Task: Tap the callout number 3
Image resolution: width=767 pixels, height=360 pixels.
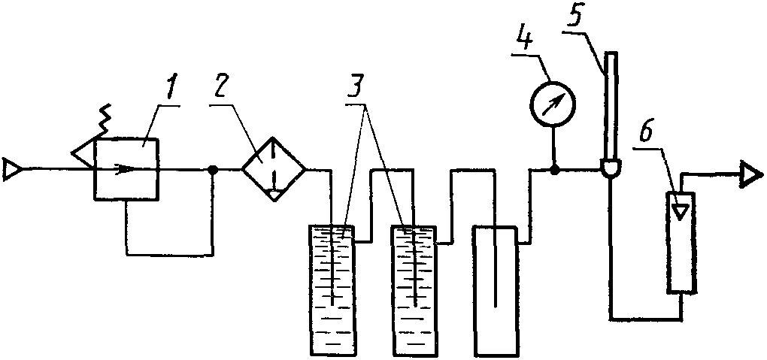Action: [x=360, y=88]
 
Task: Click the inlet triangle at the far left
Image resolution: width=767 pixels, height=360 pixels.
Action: [x=11, y=169]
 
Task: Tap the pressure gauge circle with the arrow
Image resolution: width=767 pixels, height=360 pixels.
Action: [x=553, y=104]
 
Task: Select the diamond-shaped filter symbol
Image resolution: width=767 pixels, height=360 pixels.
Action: [x=274, y=169]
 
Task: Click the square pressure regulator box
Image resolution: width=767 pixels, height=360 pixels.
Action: [x=126, y=169]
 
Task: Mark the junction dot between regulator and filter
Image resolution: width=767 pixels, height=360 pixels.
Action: [x=213, y=170]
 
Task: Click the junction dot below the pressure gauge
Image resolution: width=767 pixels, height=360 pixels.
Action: [x=554, y=170]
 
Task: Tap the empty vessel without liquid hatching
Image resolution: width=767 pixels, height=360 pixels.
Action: [x=495, y=291]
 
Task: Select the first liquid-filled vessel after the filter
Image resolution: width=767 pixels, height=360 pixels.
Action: [x=332, y=291]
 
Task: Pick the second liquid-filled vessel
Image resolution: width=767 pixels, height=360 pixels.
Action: [x=414, y=291]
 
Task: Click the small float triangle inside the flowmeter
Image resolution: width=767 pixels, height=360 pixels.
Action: [x=681, y=210]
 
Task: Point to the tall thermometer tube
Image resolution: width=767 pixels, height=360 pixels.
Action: [x=609, y=107]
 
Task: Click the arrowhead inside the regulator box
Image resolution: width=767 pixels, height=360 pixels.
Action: [x=126, y=169]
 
